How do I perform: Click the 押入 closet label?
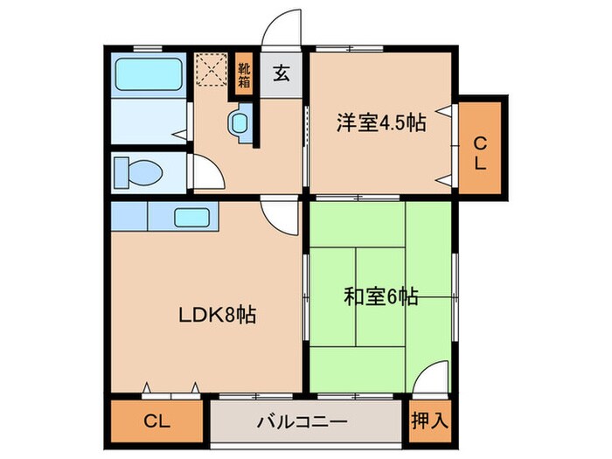(x=429, y=420)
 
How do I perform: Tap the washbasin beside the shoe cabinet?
(x=240, y=123)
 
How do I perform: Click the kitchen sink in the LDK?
(x=191, y=217)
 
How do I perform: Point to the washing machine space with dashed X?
(x=211, y=71)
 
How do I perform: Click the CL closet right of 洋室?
(x=480, y=150)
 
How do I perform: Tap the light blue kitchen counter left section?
(x=128, y=215)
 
